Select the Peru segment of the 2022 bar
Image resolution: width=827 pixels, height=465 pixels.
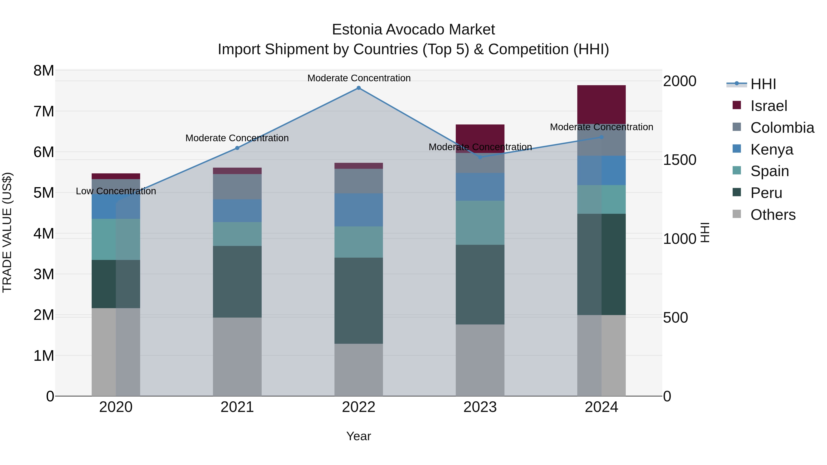click(359, 300)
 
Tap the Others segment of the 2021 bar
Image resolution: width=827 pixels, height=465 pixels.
click(237, 357)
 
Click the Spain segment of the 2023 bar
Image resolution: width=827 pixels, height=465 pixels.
click(480, 223)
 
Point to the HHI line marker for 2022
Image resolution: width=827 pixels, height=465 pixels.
click(359, 88)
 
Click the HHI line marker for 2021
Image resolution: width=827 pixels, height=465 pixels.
click(237, 148)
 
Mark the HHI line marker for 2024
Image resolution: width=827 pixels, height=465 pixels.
click(601, 137)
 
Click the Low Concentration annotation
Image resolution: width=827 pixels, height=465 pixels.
click(116, 191)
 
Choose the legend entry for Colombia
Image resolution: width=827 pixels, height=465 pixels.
click(782, 128)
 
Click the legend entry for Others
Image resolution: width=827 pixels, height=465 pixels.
click(773, 215)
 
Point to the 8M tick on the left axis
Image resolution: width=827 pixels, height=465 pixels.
click(44, 70)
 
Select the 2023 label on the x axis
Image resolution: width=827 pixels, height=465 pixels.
click(480, 407)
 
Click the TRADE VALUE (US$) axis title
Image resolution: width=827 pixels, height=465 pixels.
click(7, 232)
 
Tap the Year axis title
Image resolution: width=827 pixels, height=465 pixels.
click(359, 436)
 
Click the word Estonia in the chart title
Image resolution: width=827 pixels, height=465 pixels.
click(356, 30)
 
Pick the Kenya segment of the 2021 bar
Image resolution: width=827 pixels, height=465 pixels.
click(237, 211)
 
